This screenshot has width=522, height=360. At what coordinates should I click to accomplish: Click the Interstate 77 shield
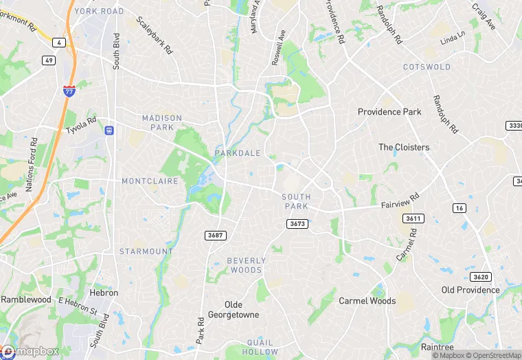tap(69, 90)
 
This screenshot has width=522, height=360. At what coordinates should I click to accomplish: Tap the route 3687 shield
tap(216, 235)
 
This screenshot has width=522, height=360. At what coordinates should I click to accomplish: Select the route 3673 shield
tap(297, 224)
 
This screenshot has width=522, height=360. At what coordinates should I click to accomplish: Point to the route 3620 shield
tap(481, 277)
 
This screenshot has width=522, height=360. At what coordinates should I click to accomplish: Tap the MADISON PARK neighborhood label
tap(162, 122)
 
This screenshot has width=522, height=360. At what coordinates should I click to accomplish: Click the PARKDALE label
tap(237, 153)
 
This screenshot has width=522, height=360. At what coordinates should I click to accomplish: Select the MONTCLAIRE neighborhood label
tap(150, 181)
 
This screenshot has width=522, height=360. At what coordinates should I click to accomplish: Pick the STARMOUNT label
tap(146, 251)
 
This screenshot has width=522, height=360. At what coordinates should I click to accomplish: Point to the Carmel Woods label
tap(367, 301)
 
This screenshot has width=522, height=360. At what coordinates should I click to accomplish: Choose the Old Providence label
tap(470, 290)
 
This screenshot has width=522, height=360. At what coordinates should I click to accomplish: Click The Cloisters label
tap(404, 147)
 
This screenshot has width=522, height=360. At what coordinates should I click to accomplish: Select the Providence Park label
tap(389, 111)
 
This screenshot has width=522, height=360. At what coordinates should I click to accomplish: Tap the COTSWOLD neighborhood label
tap(427, 67)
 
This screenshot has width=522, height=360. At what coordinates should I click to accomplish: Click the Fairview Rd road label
tap(400, 201)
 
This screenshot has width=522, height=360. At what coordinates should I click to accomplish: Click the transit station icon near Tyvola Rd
tap(109, 130)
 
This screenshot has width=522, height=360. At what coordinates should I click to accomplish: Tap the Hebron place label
tap(104, 293)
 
